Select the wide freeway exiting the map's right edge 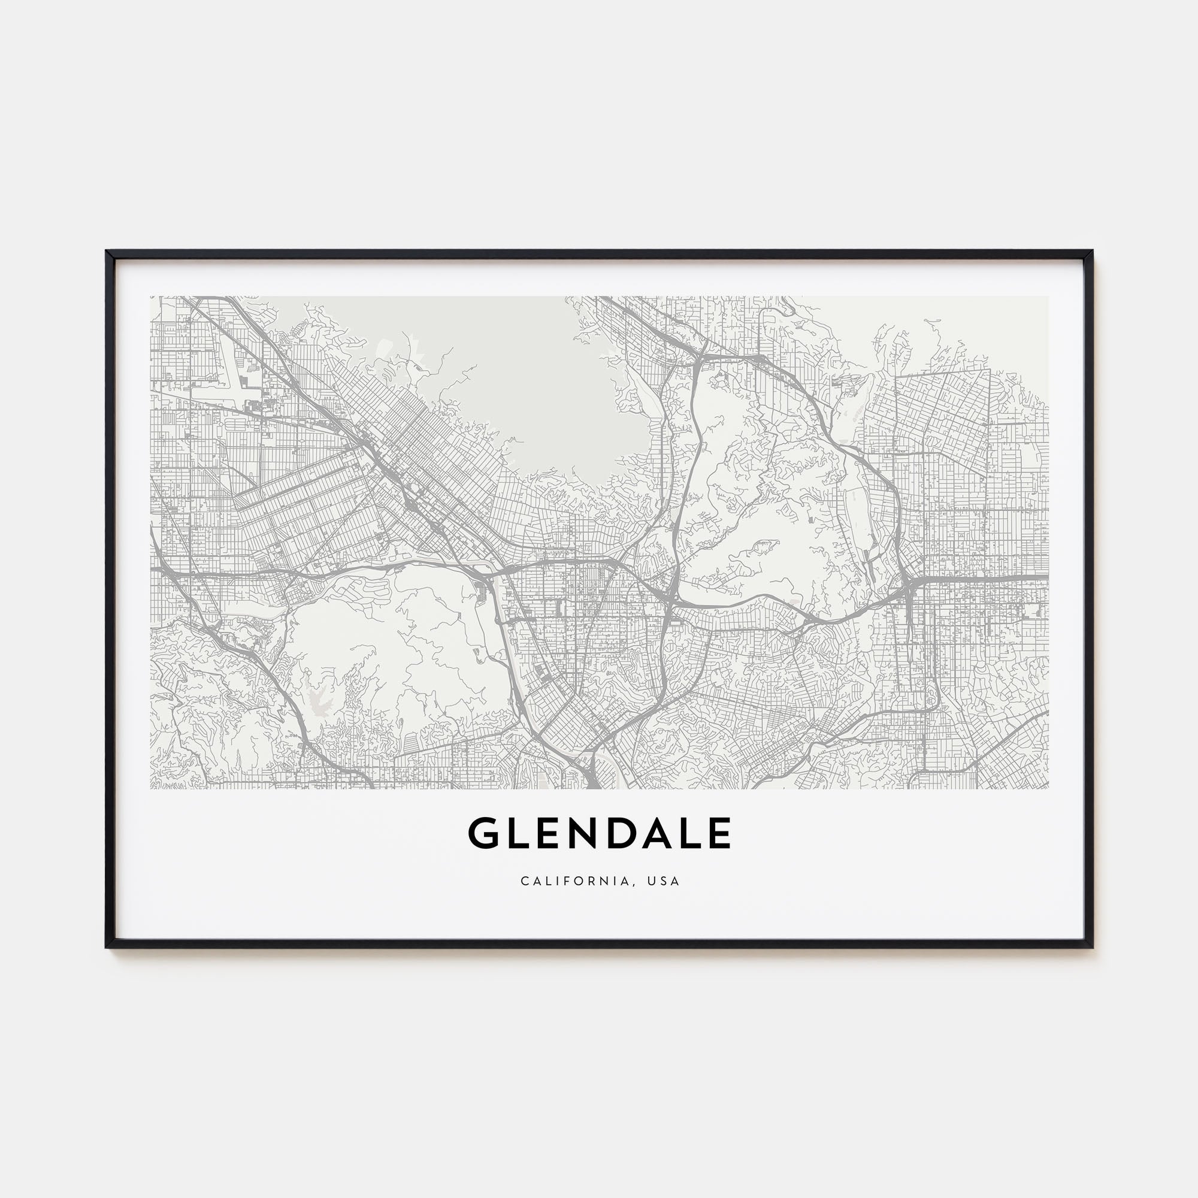point(1017,577)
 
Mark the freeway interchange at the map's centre point(671,598)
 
